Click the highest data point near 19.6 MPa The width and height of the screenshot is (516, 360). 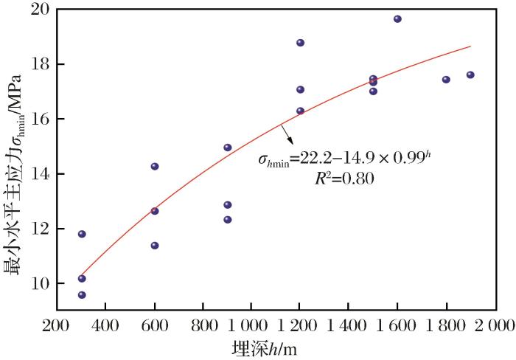click(x=397, y=19)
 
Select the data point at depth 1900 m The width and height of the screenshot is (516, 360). click(x=470, y=75)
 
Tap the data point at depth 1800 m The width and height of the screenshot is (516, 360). click(x=446, y=80)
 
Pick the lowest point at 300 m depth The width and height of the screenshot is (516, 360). click(x=82, y=295)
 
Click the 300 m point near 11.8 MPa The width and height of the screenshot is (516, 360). click(x=82, y=234)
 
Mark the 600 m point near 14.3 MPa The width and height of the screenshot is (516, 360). click(x=155, y=167)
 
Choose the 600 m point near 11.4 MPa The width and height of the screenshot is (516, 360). click(x=155, y=246)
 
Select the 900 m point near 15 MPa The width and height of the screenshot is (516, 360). click(x=228, y=148)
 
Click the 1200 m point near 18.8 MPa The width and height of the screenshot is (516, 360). click(x=300, y=43)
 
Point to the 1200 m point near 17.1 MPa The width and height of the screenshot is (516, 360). click(x=300, y=90)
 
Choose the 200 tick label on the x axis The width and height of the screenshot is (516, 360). click(x=57, y=325)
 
